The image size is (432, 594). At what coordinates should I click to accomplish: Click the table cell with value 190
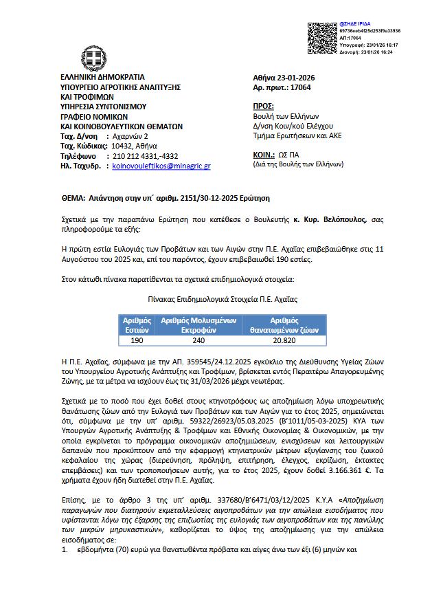pyautogui.click(x=137, y=340)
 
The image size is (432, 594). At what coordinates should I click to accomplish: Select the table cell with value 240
pyautogui.click(x=198, y=340)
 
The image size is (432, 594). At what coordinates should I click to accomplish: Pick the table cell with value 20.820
pyautogui.click(x=284, y=340)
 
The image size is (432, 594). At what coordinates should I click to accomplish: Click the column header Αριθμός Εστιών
pyautogui.click(x=137, y=325)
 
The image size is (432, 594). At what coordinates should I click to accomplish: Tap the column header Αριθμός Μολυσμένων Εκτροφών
pyautogui.click(x=198, y=325)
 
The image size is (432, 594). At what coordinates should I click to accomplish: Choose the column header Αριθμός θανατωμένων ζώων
pyautogui.click(x=284, y=325)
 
